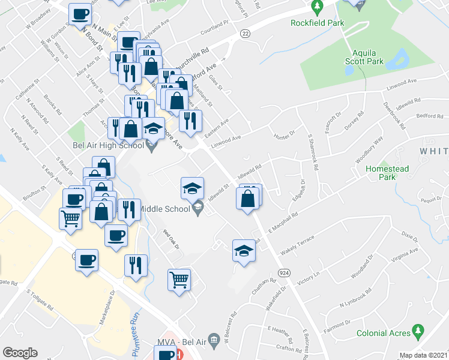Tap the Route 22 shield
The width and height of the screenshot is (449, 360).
point(245,35)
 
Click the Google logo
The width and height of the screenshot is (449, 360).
point(20,353)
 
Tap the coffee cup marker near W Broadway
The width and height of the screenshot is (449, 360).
point(80,14)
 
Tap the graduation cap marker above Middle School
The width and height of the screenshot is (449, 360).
point(192,188)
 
